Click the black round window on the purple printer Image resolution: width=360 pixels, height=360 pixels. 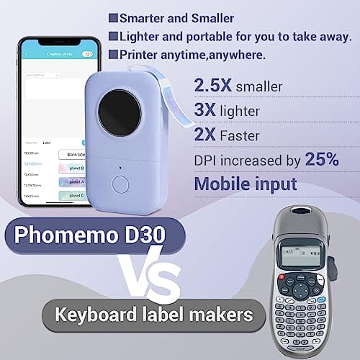coord(119,112)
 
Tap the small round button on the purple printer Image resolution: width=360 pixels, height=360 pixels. coord(122,184)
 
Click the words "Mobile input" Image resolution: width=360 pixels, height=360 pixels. coord(246,184)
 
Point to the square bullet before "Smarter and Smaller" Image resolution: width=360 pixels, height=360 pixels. coord(113,16)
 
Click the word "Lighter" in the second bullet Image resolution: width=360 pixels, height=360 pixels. coord(140,35)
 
